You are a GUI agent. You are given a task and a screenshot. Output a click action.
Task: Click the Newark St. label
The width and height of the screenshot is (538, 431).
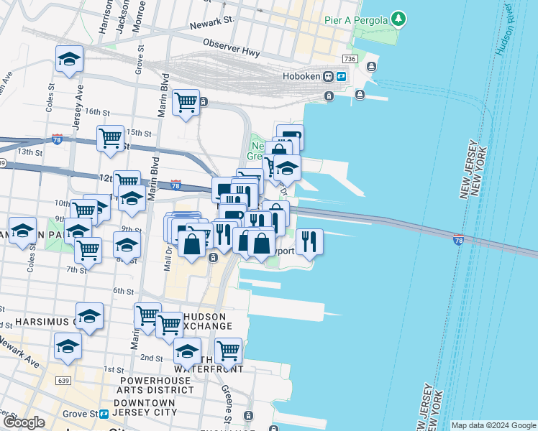tap(213, 25)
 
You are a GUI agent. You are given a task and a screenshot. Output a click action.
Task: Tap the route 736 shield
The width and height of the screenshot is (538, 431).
tap(350, 58)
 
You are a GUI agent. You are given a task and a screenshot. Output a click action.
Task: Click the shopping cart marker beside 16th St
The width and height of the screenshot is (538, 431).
tap(186, 102)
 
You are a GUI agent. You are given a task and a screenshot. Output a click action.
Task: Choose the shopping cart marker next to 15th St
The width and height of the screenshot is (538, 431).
tap(111, 136)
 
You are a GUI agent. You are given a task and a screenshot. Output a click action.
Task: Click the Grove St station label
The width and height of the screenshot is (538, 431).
tap(81, 414)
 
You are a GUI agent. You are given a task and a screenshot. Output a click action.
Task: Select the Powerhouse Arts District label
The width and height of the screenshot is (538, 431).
tap(157, 384)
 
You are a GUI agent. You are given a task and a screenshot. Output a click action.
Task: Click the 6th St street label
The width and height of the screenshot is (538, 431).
tap(123, 291)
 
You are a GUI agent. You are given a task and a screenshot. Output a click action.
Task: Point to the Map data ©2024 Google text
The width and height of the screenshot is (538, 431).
tap(493, 425)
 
